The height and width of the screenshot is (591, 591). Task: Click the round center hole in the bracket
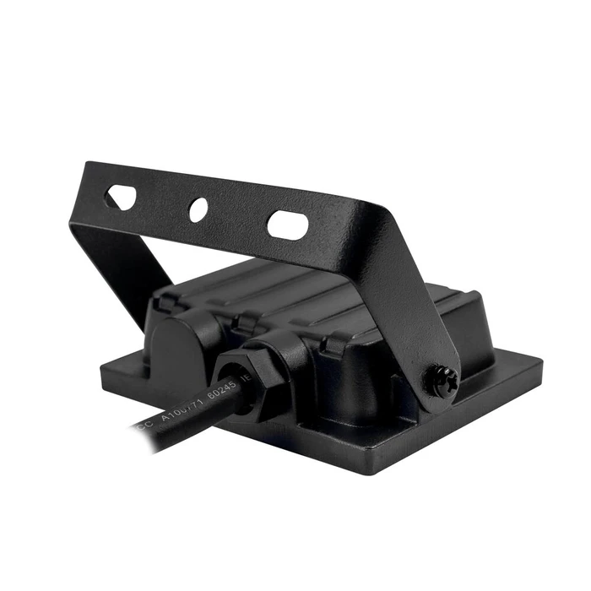coord(198,209)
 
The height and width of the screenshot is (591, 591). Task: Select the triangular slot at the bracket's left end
coord(121,198)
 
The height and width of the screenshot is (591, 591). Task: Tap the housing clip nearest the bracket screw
coord(336,342)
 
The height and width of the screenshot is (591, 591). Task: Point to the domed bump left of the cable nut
coord(182,338)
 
